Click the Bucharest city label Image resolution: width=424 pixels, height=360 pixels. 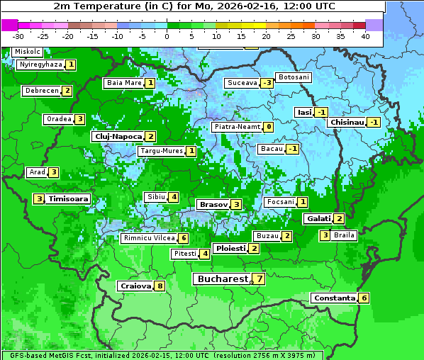(223, 279)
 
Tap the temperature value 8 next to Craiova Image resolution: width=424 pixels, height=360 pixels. (160, 286)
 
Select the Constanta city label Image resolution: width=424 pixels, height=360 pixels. (333, 298)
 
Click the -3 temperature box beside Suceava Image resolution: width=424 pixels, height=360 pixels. (267, 83)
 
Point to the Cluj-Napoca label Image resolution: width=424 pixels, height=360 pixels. (117, 136)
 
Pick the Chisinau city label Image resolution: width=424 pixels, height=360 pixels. (347, 122)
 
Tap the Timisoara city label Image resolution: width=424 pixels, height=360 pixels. (69, 199)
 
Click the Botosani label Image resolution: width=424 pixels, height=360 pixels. (293, 77)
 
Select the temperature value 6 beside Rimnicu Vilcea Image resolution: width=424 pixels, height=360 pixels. (183, 238)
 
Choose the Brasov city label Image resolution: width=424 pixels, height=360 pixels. (213, 204)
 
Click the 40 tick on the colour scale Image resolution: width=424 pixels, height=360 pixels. (365, 36)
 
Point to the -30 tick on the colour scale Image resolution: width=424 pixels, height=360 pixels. (18, 36)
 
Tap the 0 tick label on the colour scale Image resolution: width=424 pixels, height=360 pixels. (167, 36)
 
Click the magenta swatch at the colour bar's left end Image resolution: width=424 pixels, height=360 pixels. (10, 25)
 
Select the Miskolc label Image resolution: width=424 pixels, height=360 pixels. (27, 52)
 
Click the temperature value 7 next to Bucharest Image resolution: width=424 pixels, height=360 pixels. (260, 279)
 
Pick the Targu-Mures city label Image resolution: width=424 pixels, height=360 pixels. (162, 151)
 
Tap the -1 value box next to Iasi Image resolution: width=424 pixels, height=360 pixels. (321, 112)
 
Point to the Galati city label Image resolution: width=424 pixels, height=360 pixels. (318, 219)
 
